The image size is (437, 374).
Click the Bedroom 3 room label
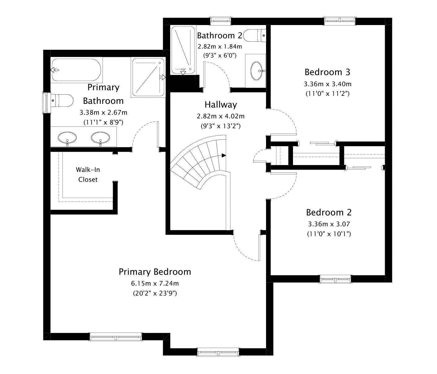coord(327,72)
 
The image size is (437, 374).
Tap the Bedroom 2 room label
coord(329,212)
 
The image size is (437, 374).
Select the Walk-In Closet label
coord(88,174)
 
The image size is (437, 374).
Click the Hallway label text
coord(221,105)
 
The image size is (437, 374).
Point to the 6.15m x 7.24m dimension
coord(155,283)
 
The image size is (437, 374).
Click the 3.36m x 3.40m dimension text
coord(328,84)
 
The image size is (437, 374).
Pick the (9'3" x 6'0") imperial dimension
coord(220,55)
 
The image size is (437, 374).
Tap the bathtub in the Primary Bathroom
coord(76,70)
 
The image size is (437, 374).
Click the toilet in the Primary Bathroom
coord(62,101)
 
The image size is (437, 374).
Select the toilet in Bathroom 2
coord(255,36)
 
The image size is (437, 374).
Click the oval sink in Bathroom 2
coord(257,71)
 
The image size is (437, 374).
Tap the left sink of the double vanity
coord(67,138)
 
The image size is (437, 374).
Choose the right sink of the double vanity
coord(100,138)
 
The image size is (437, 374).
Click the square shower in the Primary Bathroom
coord(148,77)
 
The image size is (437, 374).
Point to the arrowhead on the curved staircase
coord(224,155)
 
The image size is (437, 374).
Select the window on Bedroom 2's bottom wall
coord(335,279)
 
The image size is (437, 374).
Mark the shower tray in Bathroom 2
coord(183,50)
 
